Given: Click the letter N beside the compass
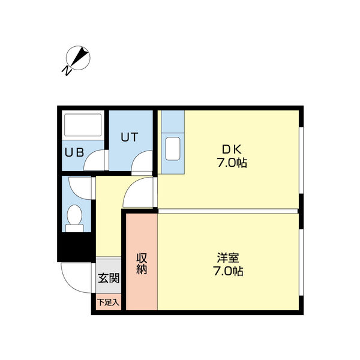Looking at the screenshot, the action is click(67, 71).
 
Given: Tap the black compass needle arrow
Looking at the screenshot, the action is click(80, 56).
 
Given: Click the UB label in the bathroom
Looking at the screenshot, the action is click(74, 152).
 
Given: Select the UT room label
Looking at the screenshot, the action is click(129, 137).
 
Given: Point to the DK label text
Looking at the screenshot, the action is click(232, 149).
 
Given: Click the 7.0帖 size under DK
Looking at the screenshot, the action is click(232, 163).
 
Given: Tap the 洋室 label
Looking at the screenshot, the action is click(228, 258).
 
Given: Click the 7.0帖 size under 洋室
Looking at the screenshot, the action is click(228, 271).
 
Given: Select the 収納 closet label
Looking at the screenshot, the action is click(142, 263).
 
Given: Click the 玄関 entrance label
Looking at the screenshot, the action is click(109, 278).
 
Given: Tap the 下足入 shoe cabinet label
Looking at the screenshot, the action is click(109, 302).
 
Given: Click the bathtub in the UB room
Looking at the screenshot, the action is click(83, 125).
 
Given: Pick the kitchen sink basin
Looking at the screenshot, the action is click(173, 149).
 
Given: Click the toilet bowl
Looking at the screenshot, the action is click(74, 215).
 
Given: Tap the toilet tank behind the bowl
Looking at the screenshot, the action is click(74, 228).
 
